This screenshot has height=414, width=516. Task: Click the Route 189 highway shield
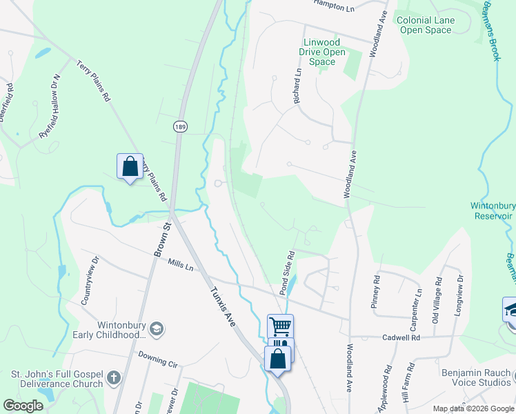click(180, 126)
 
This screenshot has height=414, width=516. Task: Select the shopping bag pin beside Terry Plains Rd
click(130, 166)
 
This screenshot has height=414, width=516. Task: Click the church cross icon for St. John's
click(114, 379)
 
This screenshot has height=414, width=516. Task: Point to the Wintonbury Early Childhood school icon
click(157, 328)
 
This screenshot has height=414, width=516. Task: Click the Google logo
click(23, 406)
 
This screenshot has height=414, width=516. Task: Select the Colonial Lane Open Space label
click(426, 25)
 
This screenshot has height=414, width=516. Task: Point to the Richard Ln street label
click(297, 86)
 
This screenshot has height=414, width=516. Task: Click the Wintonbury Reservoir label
click(493, 210)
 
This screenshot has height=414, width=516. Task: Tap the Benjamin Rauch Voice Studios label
click(476, 378)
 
